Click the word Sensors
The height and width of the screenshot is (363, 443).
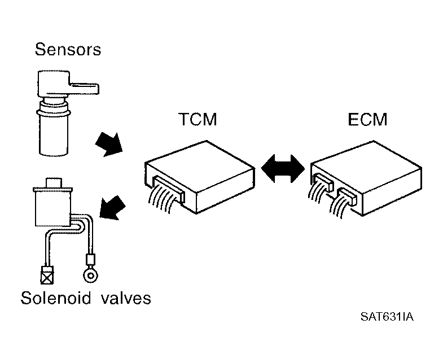[x=68, y=50]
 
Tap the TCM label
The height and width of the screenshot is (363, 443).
[x=198, y=119]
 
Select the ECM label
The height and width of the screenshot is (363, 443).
[x=367, y=119]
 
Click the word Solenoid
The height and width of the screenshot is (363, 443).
[x=56, y=298]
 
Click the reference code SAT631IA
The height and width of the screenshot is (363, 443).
[x=387, y=317]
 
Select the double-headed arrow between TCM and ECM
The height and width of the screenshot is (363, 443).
[x=283, y=169]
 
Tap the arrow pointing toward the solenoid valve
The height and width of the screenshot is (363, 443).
[x=112, y=208]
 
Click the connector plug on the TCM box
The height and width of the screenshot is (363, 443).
[x=169, y=190]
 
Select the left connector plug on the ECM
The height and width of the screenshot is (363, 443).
[x=323, y=182]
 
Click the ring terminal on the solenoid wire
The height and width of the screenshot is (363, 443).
[x=91, y=275]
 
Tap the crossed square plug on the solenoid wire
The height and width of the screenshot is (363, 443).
[x=47, y=275]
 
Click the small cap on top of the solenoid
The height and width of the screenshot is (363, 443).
[x=54, y=183]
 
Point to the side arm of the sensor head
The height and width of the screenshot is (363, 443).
[x=84, y=88]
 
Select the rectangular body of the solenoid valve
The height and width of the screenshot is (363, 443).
[x=52, y=208]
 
